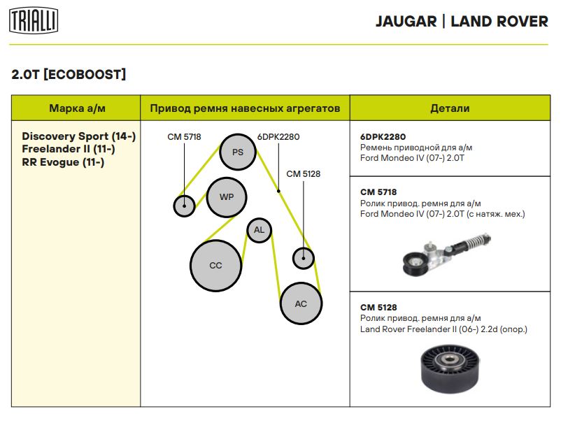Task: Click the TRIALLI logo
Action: (x=33, y=21)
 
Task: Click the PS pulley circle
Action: (x=237, y=152)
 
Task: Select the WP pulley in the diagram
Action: (x=227, y=197)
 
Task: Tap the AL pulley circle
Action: (x=259, y=230)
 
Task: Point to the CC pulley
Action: (x=215, y=266)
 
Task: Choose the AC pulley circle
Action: (x=301, y=303)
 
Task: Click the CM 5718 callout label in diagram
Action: (x=184, y=137)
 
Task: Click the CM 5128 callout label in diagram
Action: (x=303, y=174)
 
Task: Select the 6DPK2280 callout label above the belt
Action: (x=278, y=137)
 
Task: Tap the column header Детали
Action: (x=450, y=108)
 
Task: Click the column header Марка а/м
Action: (x=77, y=108)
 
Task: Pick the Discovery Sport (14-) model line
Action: (x=79, y=136)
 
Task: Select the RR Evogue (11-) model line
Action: (x=63, y=162)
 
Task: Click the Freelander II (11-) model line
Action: (x=69, y=150)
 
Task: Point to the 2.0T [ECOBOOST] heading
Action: (x=69, y=74)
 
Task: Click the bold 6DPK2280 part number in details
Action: (x=383, y=137)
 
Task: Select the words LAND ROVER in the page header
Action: (x=499, y=21)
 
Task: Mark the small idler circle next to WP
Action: (x=184, y=206)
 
